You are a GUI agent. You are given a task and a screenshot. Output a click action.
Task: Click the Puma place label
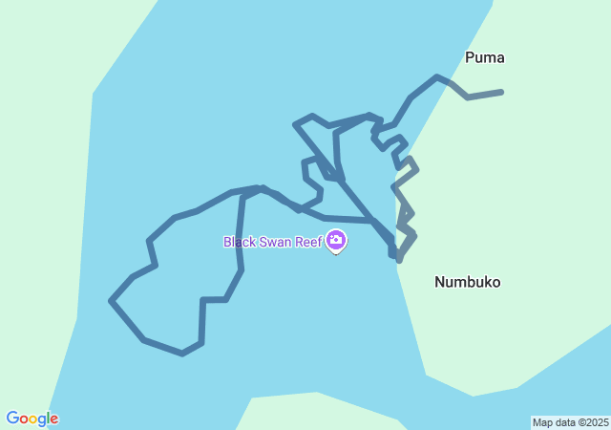(484, 57)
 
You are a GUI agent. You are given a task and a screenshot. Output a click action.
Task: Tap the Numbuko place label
(467, 282)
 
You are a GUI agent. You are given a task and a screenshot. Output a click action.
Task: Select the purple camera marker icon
(336, 242)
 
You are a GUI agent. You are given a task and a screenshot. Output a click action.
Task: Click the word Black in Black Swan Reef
(239, 242)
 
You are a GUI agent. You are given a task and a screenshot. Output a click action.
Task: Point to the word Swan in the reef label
(278, 242)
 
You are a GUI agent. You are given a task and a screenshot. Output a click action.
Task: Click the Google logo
(32, 419)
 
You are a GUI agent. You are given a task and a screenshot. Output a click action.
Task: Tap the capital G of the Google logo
(12, 419)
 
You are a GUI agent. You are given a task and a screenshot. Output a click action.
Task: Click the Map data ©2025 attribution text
(570, 422)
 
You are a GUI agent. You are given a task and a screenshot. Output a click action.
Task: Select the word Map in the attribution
(542, 422)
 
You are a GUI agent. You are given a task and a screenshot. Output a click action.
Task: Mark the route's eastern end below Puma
(500, 92)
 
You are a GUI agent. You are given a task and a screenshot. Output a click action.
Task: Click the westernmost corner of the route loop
(112, 301)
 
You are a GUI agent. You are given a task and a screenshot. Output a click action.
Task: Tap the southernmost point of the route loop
(182, 354)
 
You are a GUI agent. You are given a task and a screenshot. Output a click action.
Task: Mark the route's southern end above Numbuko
(397, 260)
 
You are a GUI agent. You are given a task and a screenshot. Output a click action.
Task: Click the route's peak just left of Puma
(436, 76)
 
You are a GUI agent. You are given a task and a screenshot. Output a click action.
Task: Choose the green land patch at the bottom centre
(315, 411)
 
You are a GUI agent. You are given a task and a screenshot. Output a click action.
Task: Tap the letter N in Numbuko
(440, 282)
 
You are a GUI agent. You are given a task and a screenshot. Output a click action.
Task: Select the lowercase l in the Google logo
(47, 419)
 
